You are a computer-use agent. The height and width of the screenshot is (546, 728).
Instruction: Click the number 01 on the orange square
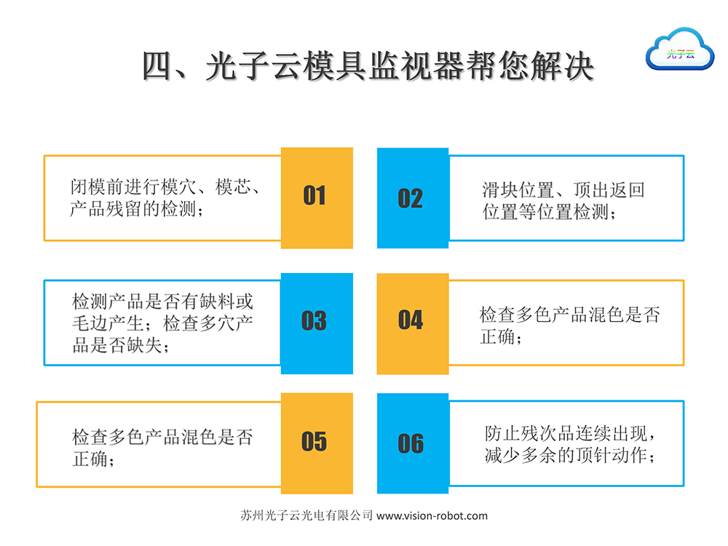314,195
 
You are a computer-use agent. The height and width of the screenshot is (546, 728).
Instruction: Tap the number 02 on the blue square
411,198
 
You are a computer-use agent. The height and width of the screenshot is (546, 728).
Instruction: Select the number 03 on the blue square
314,321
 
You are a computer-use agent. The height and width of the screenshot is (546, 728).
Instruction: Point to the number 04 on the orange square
411,320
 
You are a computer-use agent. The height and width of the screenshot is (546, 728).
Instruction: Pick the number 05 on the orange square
314,441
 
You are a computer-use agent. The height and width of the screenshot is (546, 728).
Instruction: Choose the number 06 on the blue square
411,443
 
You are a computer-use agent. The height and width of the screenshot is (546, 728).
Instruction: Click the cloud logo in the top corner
680,50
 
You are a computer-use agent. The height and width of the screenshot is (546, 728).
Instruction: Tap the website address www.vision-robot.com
432,516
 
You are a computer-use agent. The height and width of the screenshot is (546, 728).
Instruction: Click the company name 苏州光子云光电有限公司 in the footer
306,515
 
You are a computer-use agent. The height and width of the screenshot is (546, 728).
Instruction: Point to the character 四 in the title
157,66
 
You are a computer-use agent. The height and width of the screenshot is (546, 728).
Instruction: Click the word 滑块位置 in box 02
518,190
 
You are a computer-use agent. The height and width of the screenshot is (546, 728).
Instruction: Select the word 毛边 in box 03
90,323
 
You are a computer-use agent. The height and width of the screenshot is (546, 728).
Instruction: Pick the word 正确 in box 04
498,336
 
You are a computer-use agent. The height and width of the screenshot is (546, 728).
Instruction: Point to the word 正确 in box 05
90,459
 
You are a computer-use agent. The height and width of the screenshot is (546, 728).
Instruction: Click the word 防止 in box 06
502,433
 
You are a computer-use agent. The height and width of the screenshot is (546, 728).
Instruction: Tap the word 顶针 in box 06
593,455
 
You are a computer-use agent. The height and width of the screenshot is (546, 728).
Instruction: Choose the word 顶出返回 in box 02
609,190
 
